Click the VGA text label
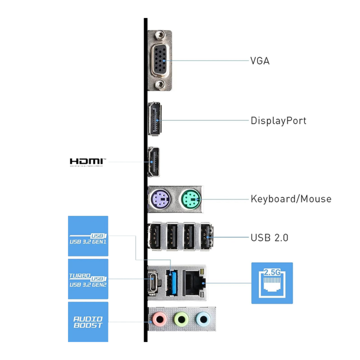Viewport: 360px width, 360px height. (260, 61)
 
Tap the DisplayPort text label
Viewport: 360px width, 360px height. (278, 121)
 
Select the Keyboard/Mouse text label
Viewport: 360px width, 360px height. (291, 199)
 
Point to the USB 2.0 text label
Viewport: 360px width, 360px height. (269, 238)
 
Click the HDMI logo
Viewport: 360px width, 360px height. (88, 162)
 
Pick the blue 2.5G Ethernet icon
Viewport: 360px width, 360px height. (272, 283)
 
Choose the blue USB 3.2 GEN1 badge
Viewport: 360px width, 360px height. (88, 236)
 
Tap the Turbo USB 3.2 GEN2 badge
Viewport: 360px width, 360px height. (88, 279)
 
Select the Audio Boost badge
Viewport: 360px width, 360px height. (88, 322)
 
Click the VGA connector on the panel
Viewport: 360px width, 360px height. (159, 61)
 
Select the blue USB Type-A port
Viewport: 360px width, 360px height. (172, 282)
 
